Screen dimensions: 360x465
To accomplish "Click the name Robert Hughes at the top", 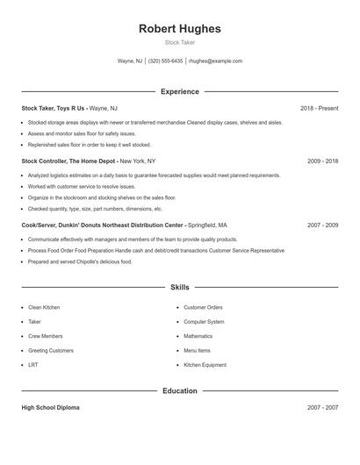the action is tap(179, 28).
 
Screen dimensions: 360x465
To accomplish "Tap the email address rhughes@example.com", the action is tap(216, 61).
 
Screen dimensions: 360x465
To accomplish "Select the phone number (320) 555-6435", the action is tap(165, 61).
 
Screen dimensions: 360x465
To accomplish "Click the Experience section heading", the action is tap(179, 91).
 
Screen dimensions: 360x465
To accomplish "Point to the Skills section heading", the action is tap(179, 287).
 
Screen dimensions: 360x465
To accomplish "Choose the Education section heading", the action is tap(179, 390).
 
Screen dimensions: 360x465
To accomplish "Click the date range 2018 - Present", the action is tap(319, 108).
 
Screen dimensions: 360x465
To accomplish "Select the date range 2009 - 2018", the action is tap(322, 161).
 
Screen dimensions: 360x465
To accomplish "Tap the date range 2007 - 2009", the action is tap(322, 225).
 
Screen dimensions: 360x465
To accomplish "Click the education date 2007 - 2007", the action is tap(322, 408).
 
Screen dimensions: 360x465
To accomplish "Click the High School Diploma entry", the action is tap(51, 408).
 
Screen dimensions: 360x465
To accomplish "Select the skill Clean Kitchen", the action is tap(44, 308).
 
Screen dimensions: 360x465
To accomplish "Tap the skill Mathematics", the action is tap(198, 336).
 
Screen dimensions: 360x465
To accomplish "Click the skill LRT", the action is tap(32, 364).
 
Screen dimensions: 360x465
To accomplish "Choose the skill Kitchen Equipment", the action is tap(205, 364).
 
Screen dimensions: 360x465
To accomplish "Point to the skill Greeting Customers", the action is tap(51, 350).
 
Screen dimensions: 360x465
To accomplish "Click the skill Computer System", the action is tap(204, 322).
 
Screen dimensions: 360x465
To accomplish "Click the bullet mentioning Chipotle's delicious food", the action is tap(80, 261).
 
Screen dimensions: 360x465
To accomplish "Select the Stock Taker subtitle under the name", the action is tap(179, 42).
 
